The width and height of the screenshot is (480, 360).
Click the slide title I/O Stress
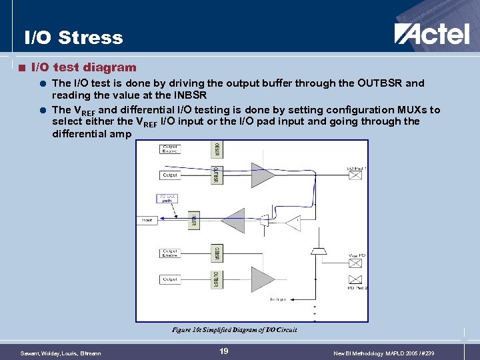[73, 38]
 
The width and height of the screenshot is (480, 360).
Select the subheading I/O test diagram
[84, 67]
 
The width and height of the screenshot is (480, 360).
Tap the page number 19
[224, 351]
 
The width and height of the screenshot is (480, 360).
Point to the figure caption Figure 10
[234, 329]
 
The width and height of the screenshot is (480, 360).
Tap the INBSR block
[194, 220]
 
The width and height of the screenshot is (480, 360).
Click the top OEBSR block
[216, 149]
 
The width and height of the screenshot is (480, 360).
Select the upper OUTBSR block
[216, 175]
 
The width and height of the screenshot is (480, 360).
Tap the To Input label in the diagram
[278, 300]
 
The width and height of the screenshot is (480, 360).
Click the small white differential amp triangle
[293, 223]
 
